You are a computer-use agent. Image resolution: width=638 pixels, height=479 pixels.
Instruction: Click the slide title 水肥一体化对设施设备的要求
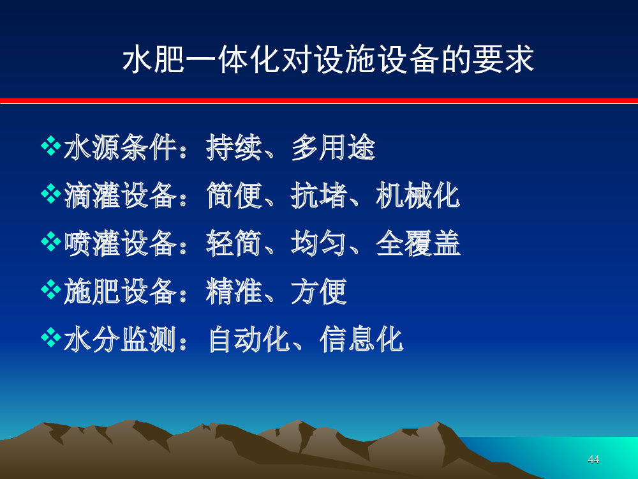[328, 59]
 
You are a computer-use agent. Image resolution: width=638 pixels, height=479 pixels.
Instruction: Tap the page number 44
[593, 459]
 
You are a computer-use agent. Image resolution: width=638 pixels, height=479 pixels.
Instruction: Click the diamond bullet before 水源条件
[51, 146]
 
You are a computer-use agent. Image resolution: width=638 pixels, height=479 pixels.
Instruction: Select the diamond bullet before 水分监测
[51, 338]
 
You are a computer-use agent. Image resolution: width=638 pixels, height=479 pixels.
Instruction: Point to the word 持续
[234, 147]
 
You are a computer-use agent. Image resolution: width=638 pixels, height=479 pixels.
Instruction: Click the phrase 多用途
[333, 147]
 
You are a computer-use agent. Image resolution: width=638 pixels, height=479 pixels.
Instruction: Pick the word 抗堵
[319, 195]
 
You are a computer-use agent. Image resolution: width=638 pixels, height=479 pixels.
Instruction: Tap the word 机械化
[418, 195]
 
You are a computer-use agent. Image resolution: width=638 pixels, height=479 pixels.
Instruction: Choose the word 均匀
[319, 243]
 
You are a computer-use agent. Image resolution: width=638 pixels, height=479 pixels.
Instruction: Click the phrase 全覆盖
[418, 243]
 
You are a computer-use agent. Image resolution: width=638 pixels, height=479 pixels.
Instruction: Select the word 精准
[234, 292]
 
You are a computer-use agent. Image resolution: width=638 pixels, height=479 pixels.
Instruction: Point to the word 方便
[319, 292]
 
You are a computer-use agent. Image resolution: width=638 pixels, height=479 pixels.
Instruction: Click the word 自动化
[249, 339]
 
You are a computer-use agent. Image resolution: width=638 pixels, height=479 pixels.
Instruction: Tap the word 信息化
[362, 339]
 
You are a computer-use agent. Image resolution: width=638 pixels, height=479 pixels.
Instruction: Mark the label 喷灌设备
[121, 243]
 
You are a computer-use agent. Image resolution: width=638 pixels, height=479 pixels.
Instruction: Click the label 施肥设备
[121, 292]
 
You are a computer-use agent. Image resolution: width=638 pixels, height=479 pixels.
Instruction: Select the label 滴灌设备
[121, 195]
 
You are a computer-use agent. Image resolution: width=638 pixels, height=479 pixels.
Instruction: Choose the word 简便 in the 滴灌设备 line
[234, 195]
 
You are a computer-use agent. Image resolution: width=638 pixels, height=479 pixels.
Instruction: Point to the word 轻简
[234, 243]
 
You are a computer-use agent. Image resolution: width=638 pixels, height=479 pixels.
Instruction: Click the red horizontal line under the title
[319, 101]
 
